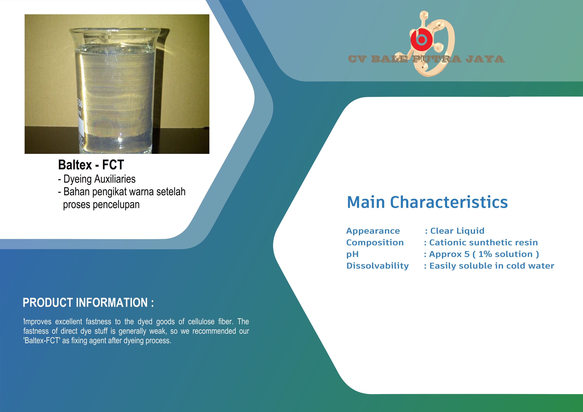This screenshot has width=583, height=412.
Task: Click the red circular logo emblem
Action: pyautogui.click(x=421, y=40)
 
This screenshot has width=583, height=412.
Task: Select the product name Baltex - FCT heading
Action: pyautogui.click(x=91, y=165)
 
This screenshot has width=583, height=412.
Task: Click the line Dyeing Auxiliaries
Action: pyautogui.click(x=97, y=179)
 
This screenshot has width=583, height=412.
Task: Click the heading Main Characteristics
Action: pyautogui.click(x=427, y=202)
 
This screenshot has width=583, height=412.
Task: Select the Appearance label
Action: pyautogui.click(x=373, y=231)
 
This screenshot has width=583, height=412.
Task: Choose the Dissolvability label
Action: pyautogui.click(x=378, y=266)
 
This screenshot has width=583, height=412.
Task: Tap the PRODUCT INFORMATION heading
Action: pyautogui.click(x=88, y=303)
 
